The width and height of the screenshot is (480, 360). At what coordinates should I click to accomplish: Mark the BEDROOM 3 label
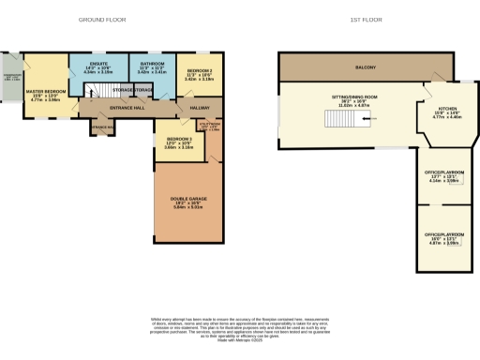pyautogui.click(x=178, y=142)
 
